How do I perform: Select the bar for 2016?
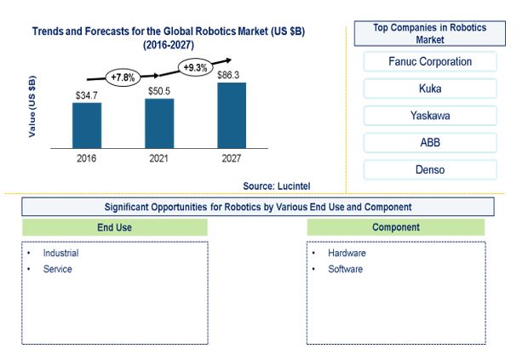(x=87, y=125)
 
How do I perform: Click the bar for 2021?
(x=159, y=123)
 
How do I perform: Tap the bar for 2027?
(x=232, y=116)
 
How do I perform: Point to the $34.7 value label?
(x=87, y=96)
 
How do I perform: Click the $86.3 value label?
(x=228, y=75)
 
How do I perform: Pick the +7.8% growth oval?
(x=123, y=77)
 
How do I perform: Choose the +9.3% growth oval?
(x=195, y=67)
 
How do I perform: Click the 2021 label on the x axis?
(x=158, y=158)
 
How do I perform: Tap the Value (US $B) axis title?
(x=32, y=106)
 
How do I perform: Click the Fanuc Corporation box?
(x=430, y=61)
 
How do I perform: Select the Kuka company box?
(x=430, y=89)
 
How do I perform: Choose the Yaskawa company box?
(x=430, y=116)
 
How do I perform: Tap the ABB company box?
(x=430, y=142)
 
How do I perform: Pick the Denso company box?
(x=430, y=169)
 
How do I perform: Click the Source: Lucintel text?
(x=277, y=186)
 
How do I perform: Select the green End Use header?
(x=115, y=227)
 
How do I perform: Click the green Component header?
(x=396, y=227)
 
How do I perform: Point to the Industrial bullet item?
(x=61, y=253)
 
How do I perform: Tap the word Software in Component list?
(x=346, y=269)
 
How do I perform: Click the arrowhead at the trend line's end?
(x=228, y=60)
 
